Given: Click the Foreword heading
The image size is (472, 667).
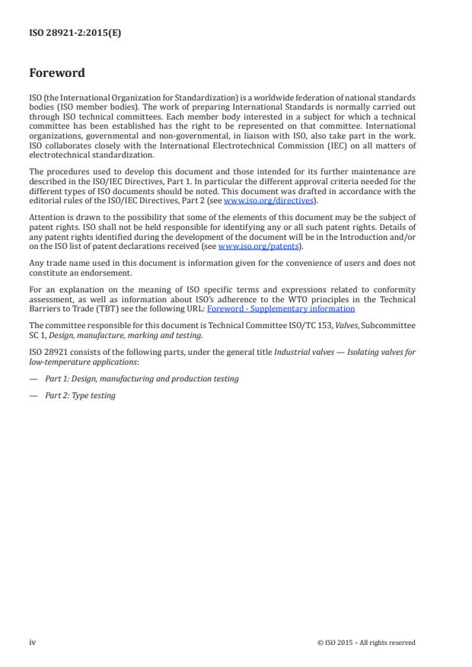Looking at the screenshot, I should [x=56, y=74].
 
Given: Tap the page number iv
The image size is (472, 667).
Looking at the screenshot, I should [x=33, y=642].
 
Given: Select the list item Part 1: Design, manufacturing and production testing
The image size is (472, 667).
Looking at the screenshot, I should [x=140, y=378].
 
